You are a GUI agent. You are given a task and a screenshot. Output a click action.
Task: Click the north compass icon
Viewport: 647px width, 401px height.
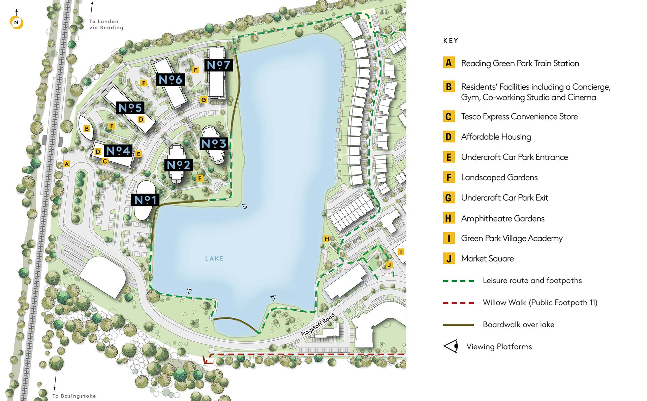(x=16, y=23)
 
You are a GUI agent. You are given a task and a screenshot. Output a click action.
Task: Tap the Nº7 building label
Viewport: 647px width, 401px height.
(x=218, y=65)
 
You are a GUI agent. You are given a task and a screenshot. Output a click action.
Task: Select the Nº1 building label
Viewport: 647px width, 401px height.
(x=145, y=200)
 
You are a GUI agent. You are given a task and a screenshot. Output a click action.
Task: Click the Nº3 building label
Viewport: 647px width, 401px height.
(x=214, y=144)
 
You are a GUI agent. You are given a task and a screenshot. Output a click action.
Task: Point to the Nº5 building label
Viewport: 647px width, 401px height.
(x=130, y=108)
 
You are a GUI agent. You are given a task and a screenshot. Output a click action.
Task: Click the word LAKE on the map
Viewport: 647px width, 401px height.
(x=214, y=258)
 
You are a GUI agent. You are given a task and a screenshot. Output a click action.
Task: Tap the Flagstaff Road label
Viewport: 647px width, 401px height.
(x=317, y=325)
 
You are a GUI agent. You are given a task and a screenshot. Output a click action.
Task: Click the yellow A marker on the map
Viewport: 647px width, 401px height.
(x=67, y=164)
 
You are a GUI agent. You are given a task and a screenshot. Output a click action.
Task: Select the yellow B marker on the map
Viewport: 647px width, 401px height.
(x=87, y=129)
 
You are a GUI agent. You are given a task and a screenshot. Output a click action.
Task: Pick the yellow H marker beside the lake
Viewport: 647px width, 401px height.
(x=326, y=239)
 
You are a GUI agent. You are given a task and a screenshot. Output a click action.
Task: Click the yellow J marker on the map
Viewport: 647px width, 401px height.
(x=389, y=265)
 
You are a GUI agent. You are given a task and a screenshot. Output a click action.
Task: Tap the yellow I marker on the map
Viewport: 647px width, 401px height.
(x=401, y=252)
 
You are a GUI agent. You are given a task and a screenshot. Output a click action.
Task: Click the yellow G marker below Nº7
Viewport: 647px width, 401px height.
(x=203, y=100)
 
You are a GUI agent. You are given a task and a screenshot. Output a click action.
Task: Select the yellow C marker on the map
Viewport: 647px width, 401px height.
(x=105, y=161)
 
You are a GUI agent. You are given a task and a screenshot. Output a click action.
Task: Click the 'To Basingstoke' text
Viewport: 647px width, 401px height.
(x=74, y=396)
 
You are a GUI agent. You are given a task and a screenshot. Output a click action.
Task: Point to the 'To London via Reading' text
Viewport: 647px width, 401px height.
(x=106, y=25)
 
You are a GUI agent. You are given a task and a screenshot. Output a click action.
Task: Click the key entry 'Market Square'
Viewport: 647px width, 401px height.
(x=487, y=258)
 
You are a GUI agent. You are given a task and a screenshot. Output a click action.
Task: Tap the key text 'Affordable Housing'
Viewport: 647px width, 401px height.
(x=496, y=137)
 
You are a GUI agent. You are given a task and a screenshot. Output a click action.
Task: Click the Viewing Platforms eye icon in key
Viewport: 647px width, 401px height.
(x=451, y=346)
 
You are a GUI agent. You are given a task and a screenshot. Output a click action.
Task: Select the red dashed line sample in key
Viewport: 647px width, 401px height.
(x=458, y=303)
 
